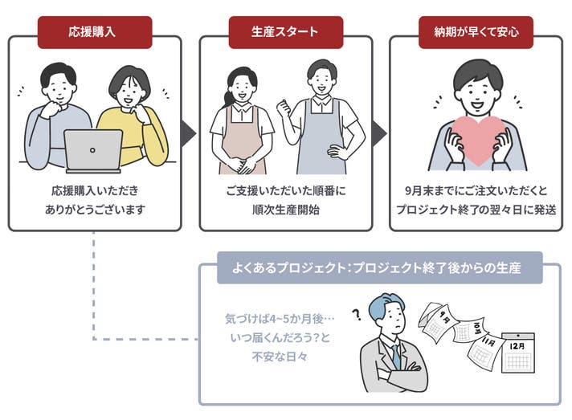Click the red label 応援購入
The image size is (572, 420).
pos(94,32)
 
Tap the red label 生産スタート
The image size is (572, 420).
pos(285,32)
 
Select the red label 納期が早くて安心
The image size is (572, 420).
pos(476,32)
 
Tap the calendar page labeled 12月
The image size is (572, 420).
pos(517,353)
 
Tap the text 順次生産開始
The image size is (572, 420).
pos(285,210)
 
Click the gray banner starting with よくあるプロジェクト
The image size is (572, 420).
pos(379,268)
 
